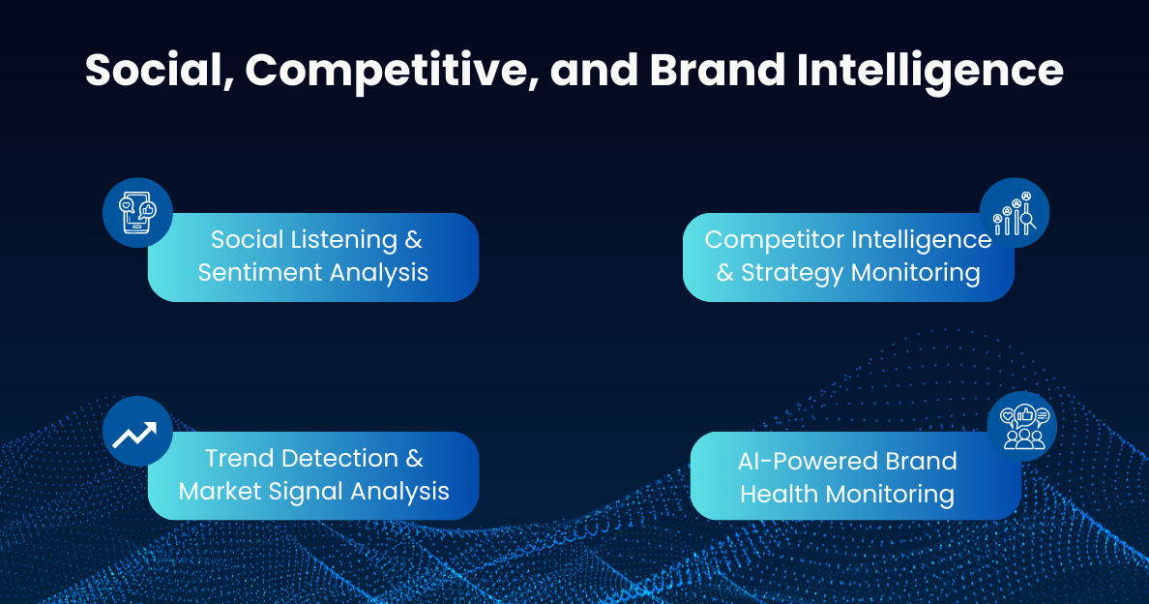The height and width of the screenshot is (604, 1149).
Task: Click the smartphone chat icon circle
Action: (137, 212)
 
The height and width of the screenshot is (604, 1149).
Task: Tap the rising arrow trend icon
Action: (137, 432)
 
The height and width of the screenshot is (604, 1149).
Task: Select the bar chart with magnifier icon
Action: (1014, 213)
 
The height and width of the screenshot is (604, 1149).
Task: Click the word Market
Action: (221, 491)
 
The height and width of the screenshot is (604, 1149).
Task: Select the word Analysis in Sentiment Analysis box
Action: (380, 272)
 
